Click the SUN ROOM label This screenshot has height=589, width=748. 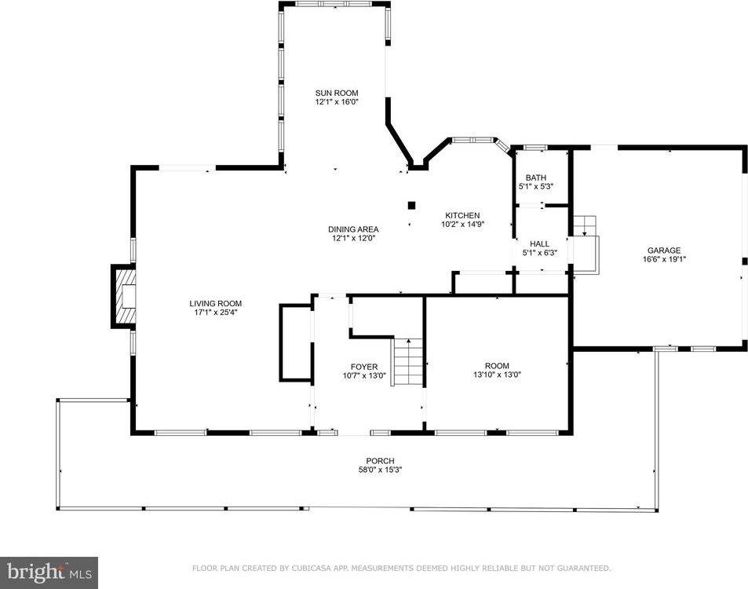click(x=336, y=93)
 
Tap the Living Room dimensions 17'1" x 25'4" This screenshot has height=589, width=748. click(x=216, y=312)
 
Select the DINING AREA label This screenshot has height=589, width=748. click(x=353, y=229)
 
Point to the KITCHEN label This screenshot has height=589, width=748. click(x=462, y=215)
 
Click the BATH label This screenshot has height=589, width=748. click(x=536, y=177)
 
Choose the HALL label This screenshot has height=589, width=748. click(x=539, y=244)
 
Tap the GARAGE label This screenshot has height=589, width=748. click(x=663, y=251)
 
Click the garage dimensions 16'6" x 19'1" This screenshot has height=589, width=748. click(x=663, y=260)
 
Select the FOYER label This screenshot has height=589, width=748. click(x=364, y=367)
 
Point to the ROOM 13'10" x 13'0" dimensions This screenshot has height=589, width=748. click(x=497, y=375)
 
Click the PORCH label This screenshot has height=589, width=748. click(x=380, y=461)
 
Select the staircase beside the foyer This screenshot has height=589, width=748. click(x=408, y=361)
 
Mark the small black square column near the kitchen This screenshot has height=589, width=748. click(x=412, y=205)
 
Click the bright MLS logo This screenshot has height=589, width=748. click(x=49, y=573)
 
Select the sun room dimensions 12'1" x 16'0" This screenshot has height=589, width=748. click(x=336, y=102)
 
